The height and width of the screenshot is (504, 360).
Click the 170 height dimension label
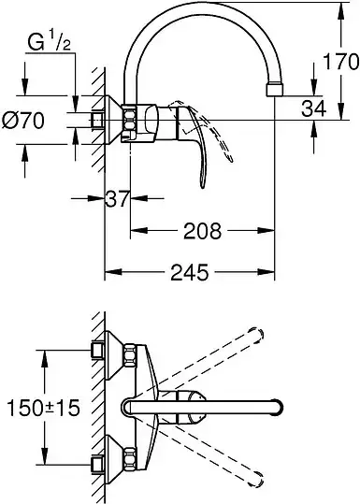pos(340,61)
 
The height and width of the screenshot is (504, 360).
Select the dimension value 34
pos(313,108)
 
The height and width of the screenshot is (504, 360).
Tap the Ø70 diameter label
pos(22,121)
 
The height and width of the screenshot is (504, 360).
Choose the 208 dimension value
pos(203,230)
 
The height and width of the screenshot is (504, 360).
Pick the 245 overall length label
pos(190,272)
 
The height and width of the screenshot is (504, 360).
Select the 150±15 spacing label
pos(43,408)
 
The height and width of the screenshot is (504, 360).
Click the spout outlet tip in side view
pos(275,90)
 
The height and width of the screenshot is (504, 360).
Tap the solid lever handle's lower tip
pos(202,186)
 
